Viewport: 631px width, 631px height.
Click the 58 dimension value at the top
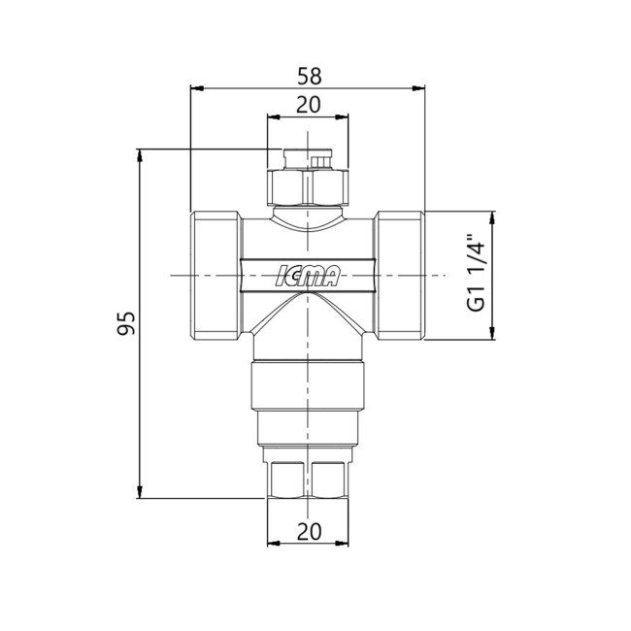click(309, 75)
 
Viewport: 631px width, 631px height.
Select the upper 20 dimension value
click(309, 105)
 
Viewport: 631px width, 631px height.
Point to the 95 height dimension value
click(125, 324)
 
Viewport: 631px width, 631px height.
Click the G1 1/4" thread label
click(476, 275)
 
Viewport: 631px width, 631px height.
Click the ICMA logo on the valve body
click(308, 276)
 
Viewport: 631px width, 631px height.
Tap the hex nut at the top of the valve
click(308, 187)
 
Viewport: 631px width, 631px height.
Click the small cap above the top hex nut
click(308, 157)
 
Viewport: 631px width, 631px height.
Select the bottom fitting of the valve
click(308, 479)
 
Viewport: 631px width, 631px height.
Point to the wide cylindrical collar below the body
click(308, 384)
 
